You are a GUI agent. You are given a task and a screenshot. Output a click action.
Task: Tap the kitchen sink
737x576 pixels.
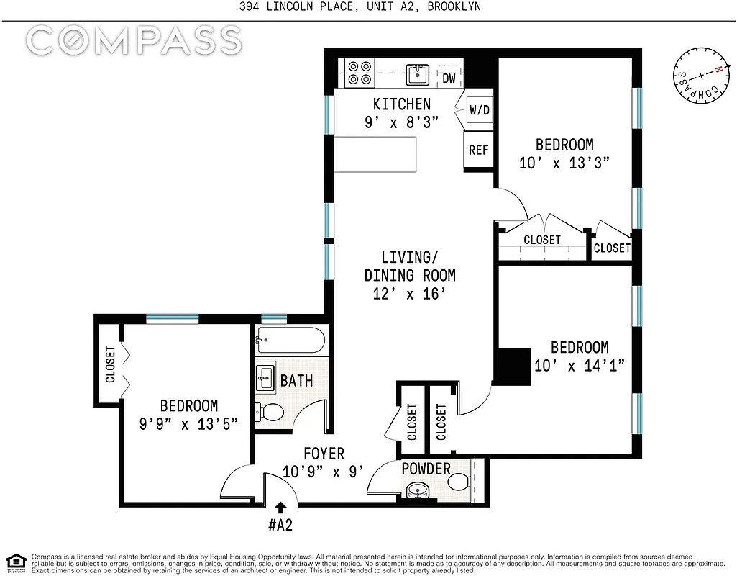pyautogui.click(x=417, y=73)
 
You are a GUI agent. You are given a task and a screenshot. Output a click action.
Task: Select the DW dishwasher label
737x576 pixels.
pyautogui.click(x=449, y=78)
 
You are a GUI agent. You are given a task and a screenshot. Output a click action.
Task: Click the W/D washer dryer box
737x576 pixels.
pyautogui.click(x=479, y=111)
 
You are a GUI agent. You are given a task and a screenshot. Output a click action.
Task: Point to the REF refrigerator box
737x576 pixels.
pyautogui.click(x=479, y=150)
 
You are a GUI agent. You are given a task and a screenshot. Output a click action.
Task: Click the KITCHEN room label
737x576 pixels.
pyautogui.click(x=401, y=104)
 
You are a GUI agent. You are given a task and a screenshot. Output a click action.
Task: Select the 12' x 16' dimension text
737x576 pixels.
pyautogui.click(x=409, y=294)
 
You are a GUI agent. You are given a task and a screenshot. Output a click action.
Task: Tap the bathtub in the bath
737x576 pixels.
pyautogui.click(x=291, y=339)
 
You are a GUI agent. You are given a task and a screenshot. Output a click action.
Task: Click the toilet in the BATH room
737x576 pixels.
pyautogui.click(x=272, y=413)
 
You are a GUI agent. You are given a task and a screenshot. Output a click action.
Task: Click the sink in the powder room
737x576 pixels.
pyautogui.click(x=416, y=492)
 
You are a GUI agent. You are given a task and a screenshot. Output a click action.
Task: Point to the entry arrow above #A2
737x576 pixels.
pyautogui.click(x=279, y=508)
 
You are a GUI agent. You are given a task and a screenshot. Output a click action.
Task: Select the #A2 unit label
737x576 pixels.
pyautogui.click(x=279, y=525)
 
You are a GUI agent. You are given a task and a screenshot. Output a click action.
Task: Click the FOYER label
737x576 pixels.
pyautogui.click(x=324, y=454)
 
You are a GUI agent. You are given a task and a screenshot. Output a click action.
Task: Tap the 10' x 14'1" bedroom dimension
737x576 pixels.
pyautogui.click(x=580, y=365)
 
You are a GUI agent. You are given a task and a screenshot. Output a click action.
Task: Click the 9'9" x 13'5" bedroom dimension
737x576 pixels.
pyautogui.click(x=188, y=424)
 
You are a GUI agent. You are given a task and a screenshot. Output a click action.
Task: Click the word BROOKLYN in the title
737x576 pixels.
pyautogui.click(x=452, y=6)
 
